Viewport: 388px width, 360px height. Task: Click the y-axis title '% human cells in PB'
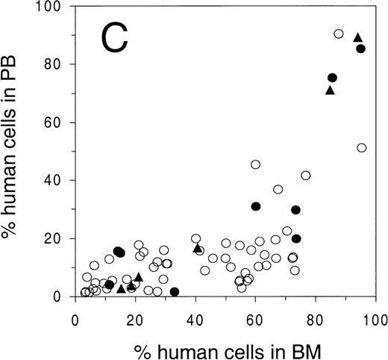coord(13,152)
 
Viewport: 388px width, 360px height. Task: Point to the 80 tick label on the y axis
coord(54,64)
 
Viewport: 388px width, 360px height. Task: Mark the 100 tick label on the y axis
coord(51,7)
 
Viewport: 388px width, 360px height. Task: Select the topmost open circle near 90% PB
coord(338,34)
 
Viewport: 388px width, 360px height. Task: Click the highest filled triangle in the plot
coord(357,37)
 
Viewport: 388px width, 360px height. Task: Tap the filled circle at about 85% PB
coord(361,49)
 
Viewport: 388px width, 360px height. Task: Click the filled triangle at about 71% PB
coord(330,90)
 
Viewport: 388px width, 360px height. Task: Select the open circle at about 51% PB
coord(362,148)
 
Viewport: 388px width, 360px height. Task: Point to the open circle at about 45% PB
coord(255,164)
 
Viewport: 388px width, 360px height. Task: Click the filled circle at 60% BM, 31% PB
coord(255,206)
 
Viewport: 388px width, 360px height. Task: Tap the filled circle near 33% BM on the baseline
coord(175,292)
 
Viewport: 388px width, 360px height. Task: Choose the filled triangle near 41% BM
coord(198,248)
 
